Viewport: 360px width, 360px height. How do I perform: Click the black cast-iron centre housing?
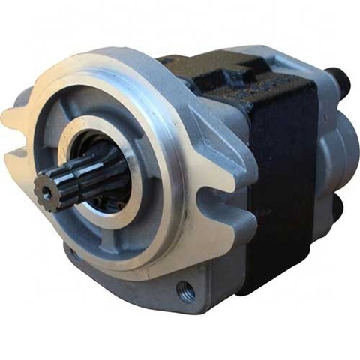[x=277, y=172]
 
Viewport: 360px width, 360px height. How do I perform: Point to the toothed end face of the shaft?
[x=47, y=190]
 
